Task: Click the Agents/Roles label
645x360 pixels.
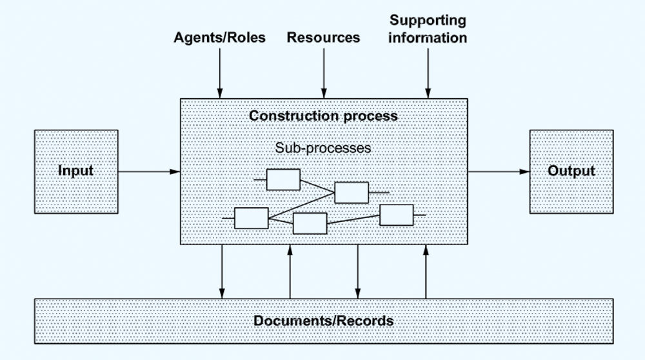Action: (219, 37)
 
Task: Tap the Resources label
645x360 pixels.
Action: (323, 37)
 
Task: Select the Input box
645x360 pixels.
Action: (75, 171)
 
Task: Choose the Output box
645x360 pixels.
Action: (571, 171)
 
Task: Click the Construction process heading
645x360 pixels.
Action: (323, 116)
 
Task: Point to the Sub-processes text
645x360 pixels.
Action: (323, 147)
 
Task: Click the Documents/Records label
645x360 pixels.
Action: (323, 321)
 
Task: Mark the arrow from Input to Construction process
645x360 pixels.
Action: (148, 172)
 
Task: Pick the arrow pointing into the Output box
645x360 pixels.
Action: (498, 172)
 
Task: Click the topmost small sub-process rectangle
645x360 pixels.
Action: (283, 179)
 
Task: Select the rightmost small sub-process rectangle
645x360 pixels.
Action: (396, 215)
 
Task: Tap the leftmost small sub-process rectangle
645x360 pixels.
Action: (251, 218)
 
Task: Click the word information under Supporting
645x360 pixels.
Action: (428, 37)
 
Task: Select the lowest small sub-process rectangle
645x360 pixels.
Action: (310, 223)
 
